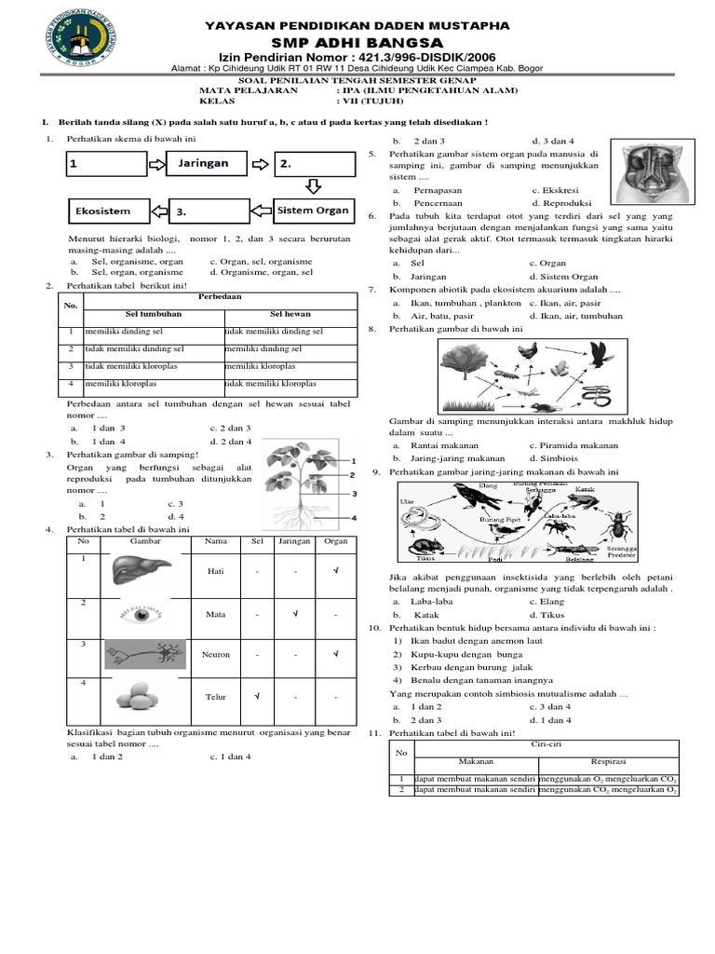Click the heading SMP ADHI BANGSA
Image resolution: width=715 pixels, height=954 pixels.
click(x=357, y=43)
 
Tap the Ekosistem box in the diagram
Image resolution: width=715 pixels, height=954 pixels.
click(x=103, y=211)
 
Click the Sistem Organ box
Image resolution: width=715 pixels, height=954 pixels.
click(x=313, y=211)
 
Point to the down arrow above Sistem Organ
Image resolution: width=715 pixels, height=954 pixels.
click(x=314, y=186)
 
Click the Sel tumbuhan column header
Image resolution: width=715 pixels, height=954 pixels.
click(x=153, y=314)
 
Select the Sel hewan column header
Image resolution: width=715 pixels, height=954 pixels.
click(x=290, y=314)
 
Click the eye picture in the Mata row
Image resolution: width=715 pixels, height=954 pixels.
click(x=142, y=614)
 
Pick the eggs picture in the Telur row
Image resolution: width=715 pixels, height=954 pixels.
click(x=142, y=696)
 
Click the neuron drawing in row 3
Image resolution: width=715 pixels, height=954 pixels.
click(x=142, y=655)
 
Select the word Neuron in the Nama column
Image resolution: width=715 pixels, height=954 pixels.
click(x=215, y=655)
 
